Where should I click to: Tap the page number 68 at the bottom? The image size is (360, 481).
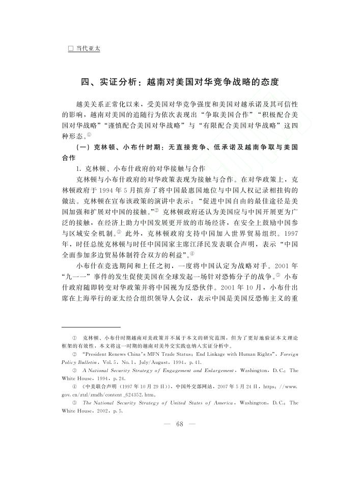179,424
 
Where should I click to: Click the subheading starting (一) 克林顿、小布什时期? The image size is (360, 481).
180,147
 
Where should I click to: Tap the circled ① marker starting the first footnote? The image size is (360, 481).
74,337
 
